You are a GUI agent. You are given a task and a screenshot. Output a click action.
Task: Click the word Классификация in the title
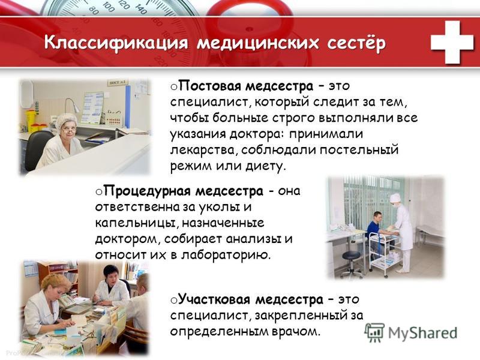116,43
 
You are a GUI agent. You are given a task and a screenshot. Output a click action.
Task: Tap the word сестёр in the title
356,42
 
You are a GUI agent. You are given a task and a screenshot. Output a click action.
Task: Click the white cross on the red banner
452,42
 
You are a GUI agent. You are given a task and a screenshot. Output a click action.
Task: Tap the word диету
265,166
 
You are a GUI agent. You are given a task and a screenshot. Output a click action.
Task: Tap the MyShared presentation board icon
374,332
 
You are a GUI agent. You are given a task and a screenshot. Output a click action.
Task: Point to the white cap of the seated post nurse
67,119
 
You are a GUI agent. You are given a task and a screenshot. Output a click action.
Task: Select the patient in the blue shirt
376,227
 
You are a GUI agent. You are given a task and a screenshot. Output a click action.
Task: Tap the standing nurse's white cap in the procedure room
395,197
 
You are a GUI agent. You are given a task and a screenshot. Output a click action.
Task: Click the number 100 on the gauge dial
108,7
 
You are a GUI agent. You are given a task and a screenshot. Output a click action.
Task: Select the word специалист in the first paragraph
211,102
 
